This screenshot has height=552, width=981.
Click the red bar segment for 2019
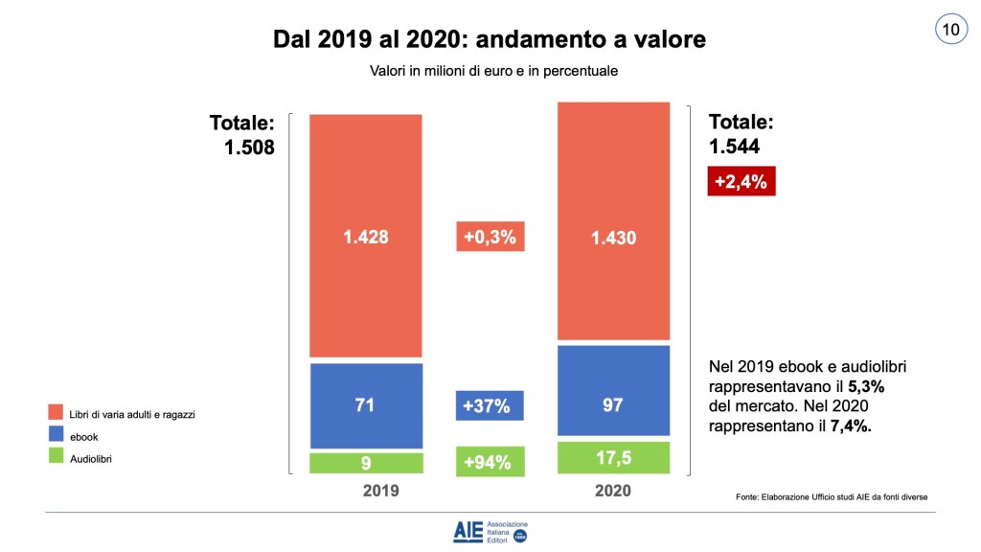point(366,236)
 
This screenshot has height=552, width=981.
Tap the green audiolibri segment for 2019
point(366,464)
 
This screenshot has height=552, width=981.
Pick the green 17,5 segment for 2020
point(613,457)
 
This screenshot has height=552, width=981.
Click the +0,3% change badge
point(489,237)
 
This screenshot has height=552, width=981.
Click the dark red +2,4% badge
point(741,180)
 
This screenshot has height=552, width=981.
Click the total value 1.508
point(248,148)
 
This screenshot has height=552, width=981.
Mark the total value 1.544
point(733,147)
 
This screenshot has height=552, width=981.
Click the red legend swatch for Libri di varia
point(56,414)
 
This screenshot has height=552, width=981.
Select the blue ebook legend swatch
point(56,436)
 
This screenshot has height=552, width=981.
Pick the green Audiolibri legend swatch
point(56,459)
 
